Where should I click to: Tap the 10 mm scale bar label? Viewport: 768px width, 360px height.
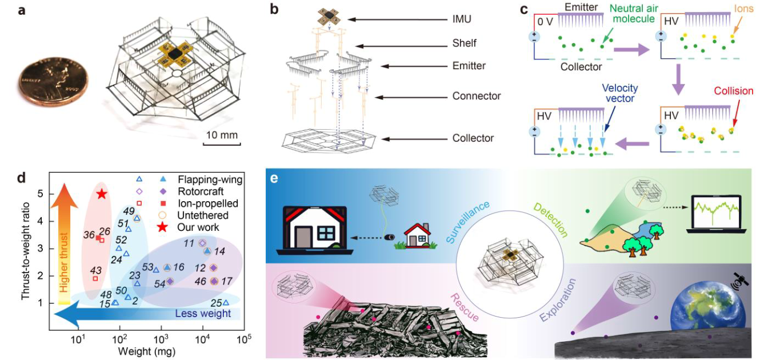pos(222,135)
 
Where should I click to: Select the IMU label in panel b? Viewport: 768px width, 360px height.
pos(462,19)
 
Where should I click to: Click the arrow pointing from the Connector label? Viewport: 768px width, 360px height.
pos(411,97)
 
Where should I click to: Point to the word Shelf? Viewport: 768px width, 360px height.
pos(465,43)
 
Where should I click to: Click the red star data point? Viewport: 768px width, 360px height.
pos(102,194)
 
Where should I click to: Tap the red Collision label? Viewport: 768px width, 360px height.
pos(734,91)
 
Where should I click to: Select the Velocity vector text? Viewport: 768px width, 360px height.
pos(620,93)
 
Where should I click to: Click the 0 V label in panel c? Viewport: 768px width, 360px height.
pos(546,22)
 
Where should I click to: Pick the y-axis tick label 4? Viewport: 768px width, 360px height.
pos(41,222)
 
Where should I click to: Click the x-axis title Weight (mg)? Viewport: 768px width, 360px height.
pos(147,351)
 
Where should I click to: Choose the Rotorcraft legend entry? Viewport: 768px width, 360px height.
pos(201,191)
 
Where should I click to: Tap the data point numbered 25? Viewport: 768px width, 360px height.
pos(226,302)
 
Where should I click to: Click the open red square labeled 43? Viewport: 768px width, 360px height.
pos(95,278)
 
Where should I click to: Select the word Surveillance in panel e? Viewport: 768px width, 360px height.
pos(468,222)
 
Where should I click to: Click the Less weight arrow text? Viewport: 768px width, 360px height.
pos(203,313)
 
